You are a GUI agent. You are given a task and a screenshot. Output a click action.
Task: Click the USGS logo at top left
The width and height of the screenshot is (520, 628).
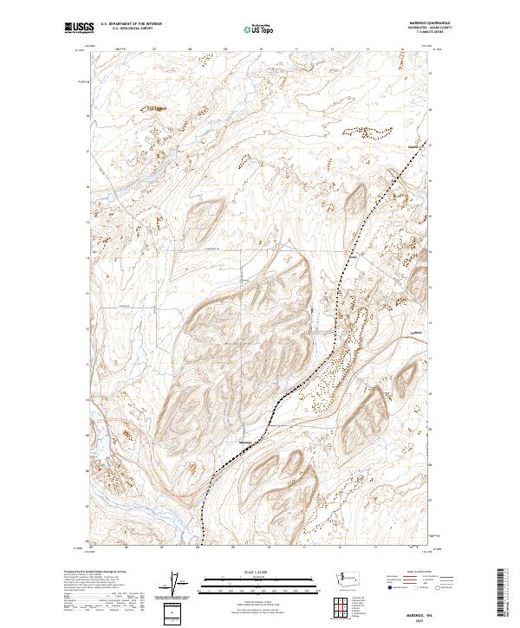pos(76,29)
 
